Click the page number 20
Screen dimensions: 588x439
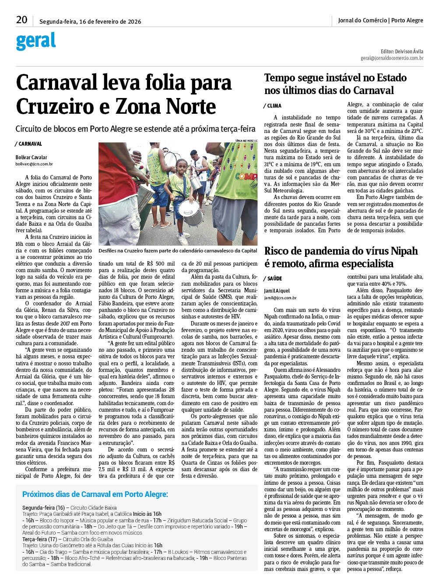(x=21, y=20)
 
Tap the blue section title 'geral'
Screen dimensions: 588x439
(x=36, y=42)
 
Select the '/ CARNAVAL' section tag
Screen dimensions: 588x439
(x=29, y=144)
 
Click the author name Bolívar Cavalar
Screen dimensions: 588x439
(x=32, y=157)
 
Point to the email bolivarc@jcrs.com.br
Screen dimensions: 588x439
(x=34, y=164)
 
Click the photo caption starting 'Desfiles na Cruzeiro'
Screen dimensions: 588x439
(x=178, y=251)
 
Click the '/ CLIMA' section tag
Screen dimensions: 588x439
(x=272, y=106)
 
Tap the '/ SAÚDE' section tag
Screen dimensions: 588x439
(x=273, y=279)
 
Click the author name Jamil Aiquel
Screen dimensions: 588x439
(x=277, y=290)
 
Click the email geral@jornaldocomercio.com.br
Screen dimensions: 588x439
(x=392, y=58)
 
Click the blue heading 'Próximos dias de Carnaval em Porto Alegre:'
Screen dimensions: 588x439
(x=95, y=494)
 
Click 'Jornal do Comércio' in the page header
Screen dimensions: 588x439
(x=362, y=20)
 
